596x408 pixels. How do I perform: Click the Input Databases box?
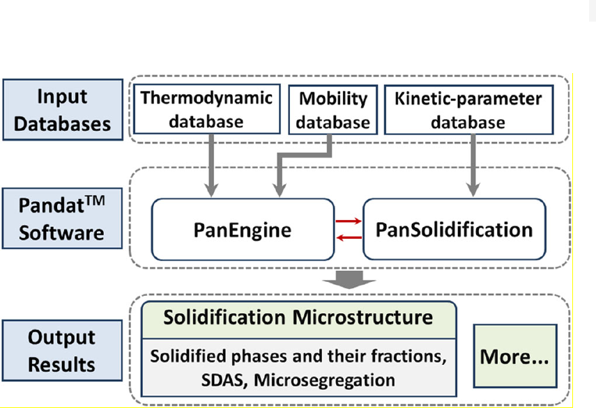(x=63, y=110)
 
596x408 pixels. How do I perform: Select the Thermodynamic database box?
(x=207, y=109)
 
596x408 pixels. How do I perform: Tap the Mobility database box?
(x=333, y=110)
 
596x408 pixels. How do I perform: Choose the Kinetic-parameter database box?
(x=468, y=110)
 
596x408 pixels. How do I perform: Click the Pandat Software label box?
(x=62, y=219)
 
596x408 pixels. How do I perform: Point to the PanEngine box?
(x=243, y=229)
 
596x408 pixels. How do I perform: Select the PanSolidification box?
(x=454, y=229)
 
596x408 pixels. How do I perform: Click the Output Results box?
(x=62, y=350)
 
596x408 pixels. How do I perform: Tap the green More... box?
(x=515, y=356)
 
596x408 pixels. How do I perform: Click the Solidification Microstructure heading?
(x=298, y=317)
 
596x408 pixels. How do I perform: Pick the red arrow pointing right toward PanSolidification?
(x=349, y=221)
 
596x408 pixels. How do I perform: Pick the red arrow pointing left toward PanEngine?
(x=349, y=238)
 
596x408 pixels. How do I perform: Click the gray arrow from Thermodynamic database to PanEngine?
(x=211, y=166)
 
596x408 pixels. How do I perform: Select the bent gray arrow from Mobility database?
(x=303, y=155)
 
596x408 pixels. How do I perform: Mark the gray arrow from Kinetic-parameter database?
(x=473, y=166)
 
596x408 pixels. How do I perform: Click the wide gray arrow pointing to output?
(x=349, y=279)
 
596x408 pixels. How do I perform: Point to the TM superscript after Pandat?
(x=95, y=201)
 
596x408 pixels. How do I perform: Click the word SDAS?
(x=224, y=380)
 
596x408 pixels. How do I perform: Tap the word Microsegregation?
(x=324, y=380)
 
